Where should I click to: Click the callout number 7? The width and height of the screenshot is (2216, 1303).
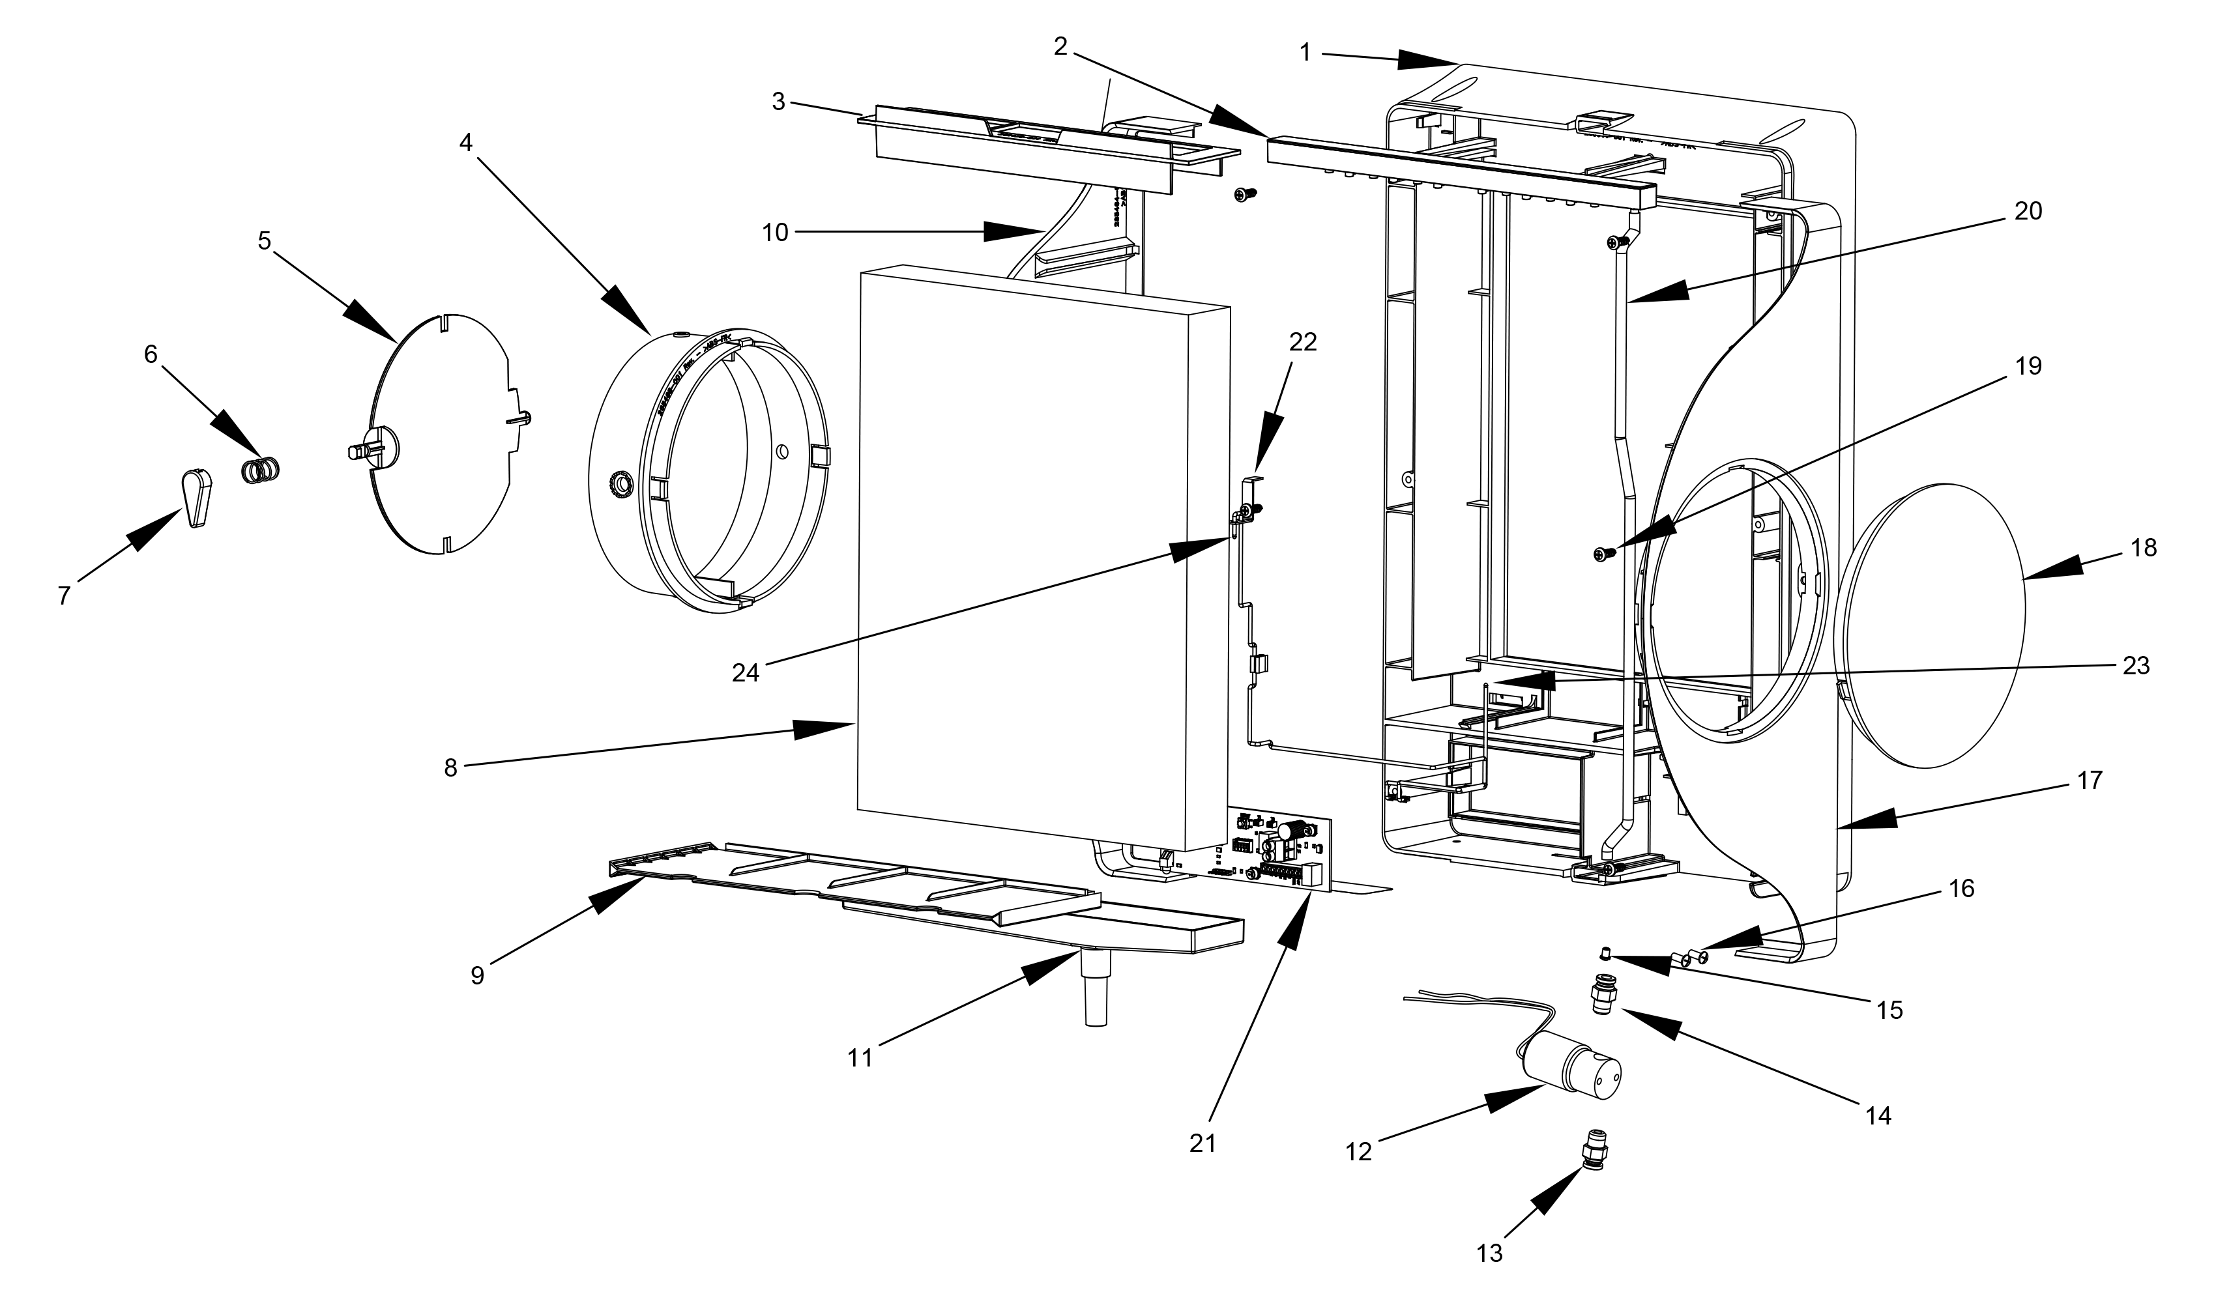[63, 596]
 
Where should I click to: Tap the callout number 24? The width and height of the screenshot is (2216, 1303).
[745, 672]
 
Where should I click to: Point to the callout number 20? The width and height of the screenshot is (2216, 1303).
[2028, 211]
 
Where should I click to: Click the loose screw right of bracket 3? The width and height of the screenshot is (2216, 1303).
[1245, 193]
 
